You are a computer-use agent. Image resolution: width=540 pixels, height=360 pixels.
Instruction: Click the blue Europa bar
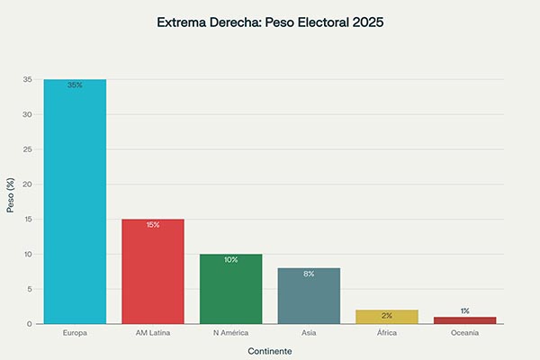tap(75, 202)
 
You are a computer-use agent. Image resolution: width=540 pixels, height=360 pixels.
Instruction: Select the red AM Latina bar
tap(153, 271)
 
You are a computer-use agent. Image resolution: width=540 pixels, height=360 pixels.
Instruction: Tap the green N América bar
tap(230, 289)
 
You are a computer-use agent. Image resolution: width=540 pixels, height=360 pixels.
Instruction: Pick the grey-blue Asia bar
tap(309, 295)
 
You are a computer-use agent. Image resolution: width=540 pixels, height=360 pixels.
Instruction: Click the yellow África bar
tap(387, 317)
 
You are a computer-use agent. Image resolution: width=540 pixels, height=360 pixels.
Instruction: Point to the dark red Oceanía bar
tap(464, 320)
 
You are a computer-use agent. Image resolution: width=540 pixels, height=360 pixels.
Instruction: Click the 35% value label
tap(75, 85)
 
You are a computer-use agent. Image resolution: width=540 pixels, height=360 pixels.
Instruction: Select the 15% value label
tap(153, 225)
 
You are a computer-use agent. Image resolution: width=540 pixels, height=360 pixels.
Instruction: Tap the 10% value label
tap(230, 260)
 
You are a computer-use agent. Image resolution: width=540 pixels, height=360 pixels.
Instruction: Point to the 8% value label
tap(309, 274)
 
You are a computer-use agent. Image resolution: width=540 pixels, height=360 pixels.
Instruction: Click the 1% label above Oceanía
tap(464, 310)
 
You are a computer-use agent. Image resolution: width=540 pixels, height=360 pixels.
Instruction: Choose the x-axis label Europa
tap(75, 333)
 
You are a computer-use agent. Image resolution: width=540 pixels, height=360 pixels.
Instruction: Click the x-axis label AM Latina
tap(153, 333)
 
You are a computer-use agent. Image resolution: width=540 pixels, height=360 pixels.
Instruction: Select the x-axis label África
tap(387, 333)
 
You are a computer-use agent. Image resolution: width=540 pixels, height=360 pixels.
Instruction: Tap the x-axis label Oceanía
tap(464, 333)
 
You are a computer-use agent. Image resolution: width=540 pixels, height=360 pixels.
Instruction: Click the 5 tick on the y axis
tap(29, 289)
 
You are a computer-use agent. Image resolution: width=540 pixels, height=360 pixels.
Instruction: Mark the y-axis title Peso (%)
tap(11, 202)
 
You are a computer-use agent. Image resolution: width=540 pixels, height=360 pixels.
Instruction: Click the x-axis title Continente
tap(270, 351)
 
